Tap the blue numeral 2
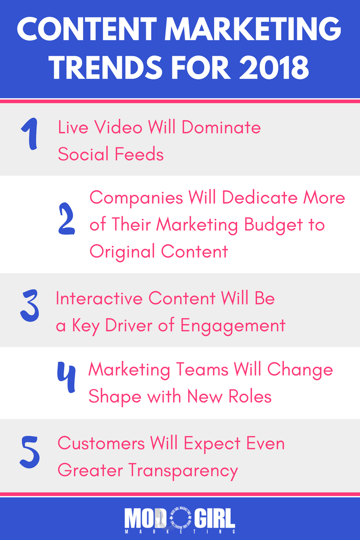pyautogui.click(x=67, y=219)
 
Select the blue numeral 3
pyautogui.click(x=29, y=306)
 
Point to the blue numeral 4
pyautogui.click(x=66, y=377)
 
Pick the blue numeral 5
pyautogui.click(x=30, y=452)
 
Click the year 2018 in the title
pyautogui.click(x=274, y=67)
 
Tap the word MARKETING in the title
pyautogui.click(x=253, y=29)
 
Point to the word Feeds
pyautogui.click(x=139, y=154)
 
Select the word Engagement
pyautogui.click(x=233, y=326)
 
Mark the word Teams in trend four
pyautogui.click(x=202, y=369)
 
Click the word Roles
pyautogui.click(x=250, y=396)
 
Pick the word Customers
pyautogui.click(x=101, y=443)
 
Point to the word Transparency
pyautogui.click(x=183, y=471)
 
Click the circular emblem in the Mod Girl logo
pyautogui.click(x=180, y=518)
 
